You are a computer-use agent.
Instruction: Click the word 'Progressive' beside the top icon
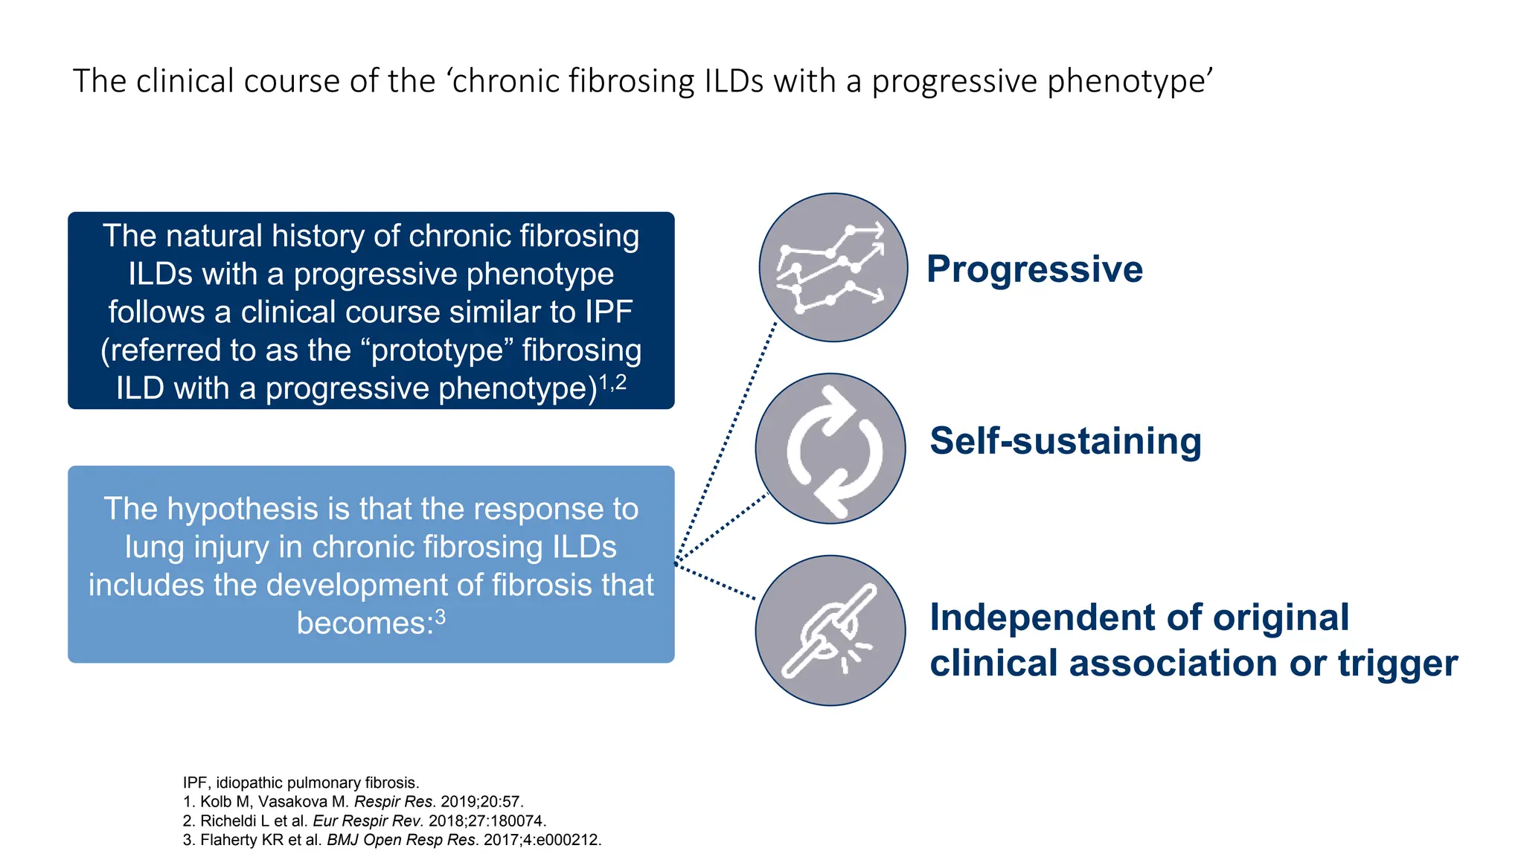click(x=1034, y=269)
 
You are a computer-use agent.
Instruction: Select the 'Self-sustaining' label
click(x=1065, y=441)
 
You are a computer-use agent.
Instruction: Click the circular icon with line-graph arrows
click(x=833, y=268)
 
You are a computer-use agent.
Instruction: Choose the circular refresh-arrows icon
click(x=830, y=449)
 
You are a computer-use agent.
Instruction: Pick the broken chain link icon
click(x=830, y=630)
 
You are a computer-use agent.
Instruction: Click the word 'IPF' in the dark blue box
click(x=608, y=312)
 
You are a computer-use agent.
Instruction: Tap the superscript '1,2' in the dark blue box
click(x=612, y=382)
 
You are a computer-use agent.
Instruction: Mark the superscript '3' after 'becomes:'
click(x=441, y=617)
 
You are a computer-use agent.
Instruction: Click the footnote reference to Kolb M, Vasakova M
click(x=353, y=802)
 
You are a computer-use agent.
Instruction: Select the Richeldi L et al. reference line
click(x=365, y=821)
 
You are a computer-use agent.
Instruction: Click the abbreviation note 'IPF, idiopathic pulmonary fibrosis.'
click(x=301, y=783)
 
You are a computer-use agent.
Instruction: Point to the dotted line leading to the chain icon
click(x=716, y=582)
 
